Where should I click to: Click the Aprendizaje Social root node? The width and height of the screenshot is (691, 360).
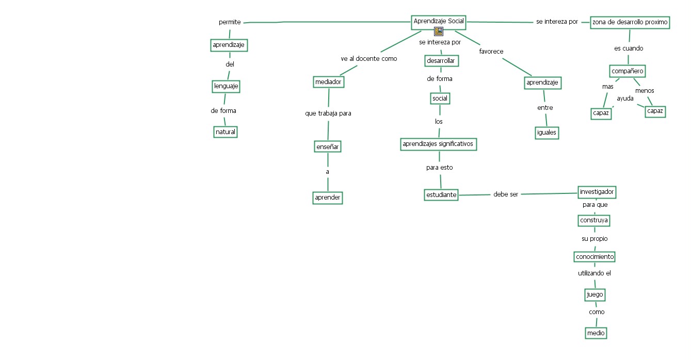pyautogui.click(x=439, y=22)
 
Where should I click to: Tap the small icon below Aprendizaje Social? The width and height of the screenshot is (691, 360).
pyautogui.click(x=439, y=31)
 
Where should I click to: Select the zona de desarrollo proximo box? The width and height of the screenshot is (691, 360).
pyautogui.click(x=630, y=22)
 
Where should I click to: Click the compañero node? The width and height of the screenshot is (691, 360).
pyautogui.click(x=627, y=71)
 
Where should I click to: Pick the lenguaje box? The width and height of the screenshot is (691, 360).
pyautogui.click(x=226, y=87)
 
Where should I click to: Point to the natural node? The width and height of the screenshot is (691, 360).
pyautogui.click(x=226, y=132)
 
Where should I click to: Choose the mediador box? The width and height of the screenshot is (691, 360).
pyautogui.click(x=328, y=81)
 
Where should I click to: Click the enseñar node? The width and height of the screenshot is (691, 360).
pyautogui.click(x=328, y=146)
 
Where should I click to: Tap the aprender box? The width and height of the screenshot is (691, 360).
pyautogui.click(x=328, y=198)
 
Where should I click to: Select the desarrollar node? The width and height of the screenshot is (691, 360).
pyautogui.click(x=441, y=60)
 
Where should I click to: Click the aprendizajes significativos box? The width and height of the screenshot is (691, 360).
pyautogui.click(x=438, y=144)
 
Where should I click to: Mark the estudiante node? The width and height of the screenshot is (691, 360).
pyautogui.click(x=441, y=195)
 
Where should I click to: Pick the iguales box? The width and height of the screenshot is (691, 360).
pyautogui.click(x=547, y=132)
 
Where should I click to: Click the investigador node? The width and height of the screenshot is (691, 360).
pyautogui.click(x=597, y=192)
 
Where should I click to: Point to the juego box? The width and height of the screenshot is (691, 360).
pyautogui.click(x=594, y=294)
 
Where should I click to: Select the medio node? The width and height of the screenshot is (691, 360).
pyautogui.click(x=596, y=333)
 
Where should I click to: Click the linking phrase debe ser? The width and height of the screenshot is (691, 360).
pyautogui.click(x=505, y=194)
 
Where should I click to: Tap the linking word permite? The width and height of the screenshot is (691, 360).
pyautogui.click(x=230, y=22)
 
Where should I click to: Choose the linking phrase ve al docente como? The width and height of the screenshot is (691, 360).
pyautogui.click(x=369, y=59)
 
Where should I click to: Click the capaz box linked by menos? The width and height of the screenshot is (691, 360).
pyautogui.click(x=655, y=111)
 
